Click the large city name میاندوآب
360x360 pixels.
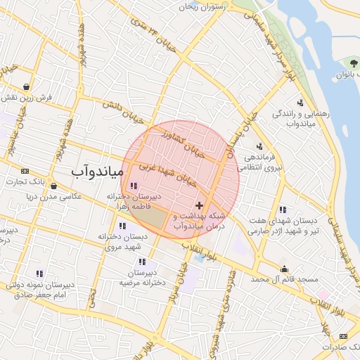(98, 171)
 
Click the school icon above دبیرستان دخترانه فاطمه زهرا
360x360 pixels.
(134, 186)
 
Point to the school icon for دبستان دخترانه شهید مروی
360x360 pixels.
(123, 226)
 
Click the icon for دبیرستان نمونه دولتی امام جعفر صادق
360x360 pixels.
(39, 274)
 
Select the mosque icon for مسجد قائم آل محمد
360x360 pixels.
(284, 269)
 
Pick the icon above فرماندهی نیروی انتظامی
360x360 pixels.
(260, 146)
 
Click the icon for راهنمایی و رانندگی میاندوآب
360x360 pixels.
(300, 103)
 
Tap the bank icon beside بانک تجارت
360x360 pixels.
(25, 171)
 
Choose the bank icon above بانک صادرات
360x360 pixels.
(343, 336)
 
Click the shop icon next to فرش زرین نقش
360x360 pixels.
(26, 86)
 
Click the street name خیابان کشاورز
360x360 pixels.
(184, 141)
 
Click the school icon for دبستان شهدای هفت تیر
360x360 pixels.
(282, 209)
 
